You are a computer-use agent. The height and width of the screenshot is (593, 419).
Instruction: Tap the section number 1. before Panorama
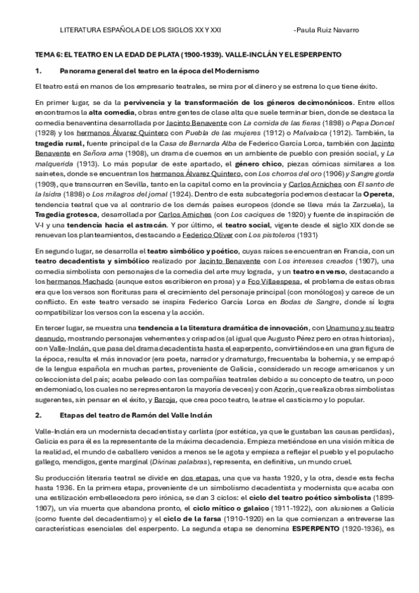[39, 71]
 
